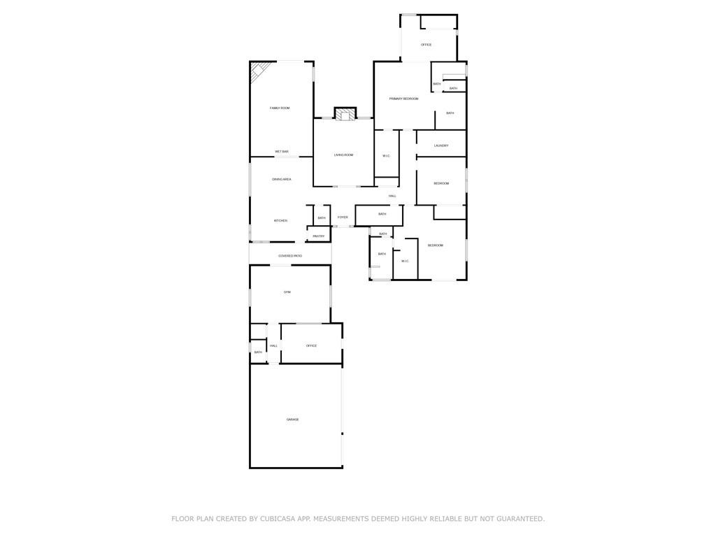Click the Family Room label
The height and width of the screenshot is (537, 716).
(x=280, y=108)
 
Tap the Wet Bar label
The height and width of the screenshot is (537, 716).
(x=282, y=152)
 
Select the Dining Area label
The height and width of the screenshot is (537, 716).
(x=282, y=180)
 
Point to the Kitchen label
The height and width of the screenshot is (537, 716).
(x=280, y=221)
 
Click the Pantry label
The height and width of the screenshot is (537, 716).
(x=319, y=236)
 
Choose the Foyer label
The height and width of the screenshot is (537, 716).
(x=343, y=217)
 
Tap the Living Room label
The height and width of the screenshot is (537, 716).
(x=343, y=155)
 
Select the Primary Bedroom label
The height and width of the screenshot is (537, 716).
(x=403, y=99)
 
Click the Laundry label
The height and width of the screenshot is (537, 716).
(x=441, y=145)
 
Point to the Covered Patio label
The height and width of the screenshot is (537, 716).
(x=290, y=256)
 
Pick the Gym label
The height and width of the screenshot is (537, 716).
(x=287, y=292)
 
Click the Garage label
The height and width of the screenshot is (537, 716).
(x=292, y=420)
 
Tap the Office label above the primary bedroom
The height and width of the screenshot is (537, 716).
(x=426, y=45)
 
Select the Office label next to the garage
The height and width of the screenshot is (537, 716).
(x=311, y=345)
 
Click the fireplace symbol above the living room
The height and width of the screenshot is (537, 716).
(x=345, y=114)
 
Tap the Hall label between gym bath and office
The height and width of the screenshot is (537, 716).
(x=273, y=345)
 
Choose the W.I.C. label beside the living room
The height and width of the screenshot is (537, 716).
(x=386, y=155)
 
